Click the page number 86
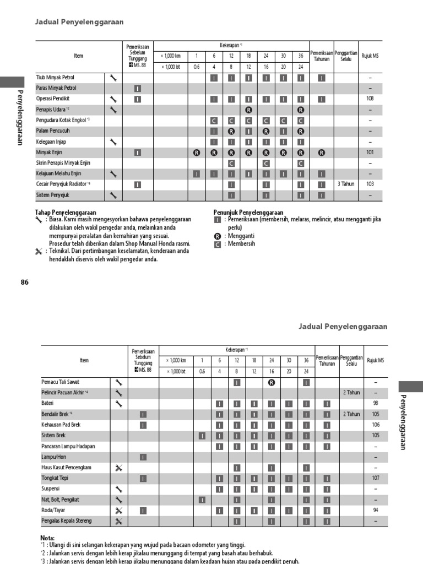pyautogui.click(x=24, y=282)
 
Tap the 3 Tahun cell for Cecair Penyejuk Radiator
pyautogui.click(x=346, y=185)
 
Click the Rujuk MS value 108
pyautogui.click(x=370, y=99)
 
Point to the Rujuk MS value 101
pyautogui.click(x=370, y=153)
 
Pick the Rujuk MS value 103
pyautogui.click(x=370, y=185)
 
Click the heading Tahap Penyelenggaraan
pyautogui.click(x=66, y=212)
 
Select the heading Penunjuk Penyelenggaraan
pyautogui.click(x=248, y=212)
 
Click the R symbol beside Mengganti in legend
pyautogui.click(x=218, y=235)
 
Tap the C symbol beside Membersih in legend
pyautogui.click(x=218, y=244)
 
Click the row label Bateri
pyautogui.click(x=48, y=403)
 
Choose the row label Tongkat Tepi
pyautogui.click(x=56, y=478)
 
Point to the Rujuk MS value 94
pyautogui.click(x=376, y=510)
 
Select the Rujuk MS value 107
pyautogui.click(x=376, y=478)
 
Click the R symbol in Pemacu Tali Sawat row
pyautogui.click(x=272, y=382)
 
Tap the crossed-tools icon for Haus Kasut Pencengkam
pyautogui.click(x=118, y=468)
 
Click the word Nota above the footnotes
pyautogui.click(x=47, y=538)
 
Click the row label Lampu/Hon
pyautogui.click(x=54, y=457)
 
